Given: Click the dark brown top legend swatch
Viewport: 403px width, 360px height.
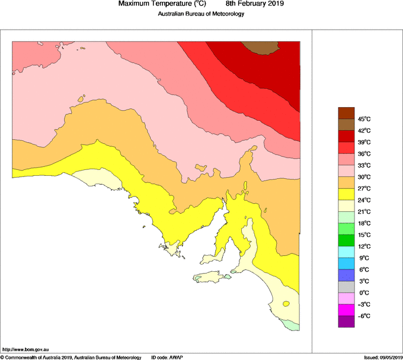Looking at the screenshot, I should tap(346, 112).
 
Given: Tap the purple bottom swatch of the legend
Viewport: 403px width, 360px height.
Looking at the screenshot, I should tap(346, 322).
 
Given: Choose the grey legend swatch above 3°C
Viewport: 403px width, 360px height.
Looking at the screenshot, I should tap(346, 287).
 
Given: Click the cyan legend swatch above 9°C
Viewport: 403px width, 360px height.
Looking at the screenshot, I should tap(346, 252).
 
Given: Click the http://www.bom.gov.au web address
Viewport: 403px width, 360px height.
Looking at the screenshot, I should tap(23, 349).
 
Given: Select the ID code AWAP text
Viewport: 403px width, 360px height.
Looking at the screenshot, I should tap(167, 357).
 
